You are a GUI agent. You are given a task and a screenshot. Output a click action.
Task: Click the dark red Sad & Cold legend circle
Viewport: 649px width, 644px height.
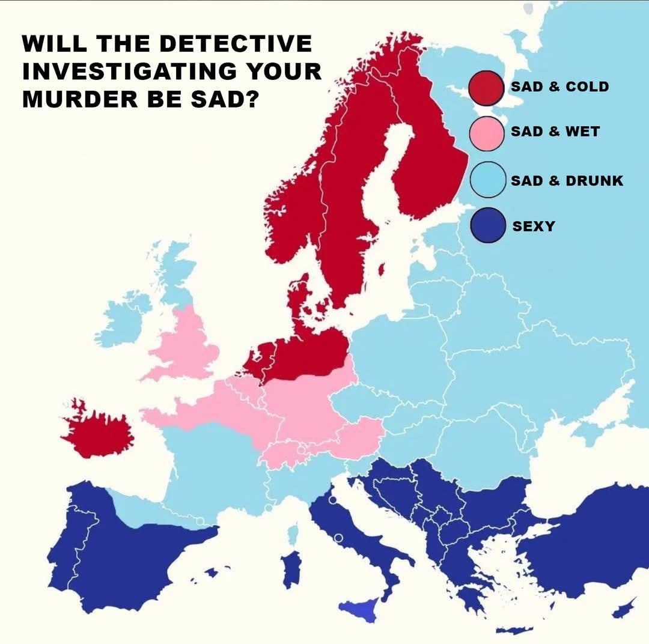click(x=486, y=88)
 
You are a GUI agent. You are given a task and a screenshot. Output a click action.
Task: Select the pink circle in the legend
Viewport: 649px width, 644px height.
click(x=486, y=133)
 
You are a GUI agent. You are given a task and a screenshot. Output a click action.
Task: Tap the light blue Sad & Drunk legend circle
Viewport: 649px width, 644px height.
click(x=486, y=180)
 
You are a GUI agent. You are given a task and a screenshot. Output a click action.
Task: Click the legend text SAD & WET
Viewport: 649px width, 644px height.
click(x=555, y=132)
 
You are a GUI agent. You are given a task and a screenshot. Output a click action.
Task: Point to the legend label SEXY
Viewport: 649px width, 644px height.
click(x=534, y=226)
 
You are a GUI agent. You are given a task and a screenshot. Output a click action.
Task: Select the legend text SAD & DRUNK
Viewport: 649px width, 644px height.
click(x=567, y=180)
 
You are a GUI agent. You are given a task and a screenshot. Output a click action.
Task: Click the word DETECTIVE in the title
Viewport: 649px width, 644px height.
click(x=237, y=44)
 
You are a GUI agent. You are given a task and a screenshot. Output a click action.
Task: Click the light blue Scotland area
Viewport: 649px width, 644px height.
click(x=174, y=270)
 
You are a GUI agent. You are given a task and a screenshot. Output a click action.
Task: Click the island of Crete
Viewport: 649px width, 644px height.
click(x=514, y=630)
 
